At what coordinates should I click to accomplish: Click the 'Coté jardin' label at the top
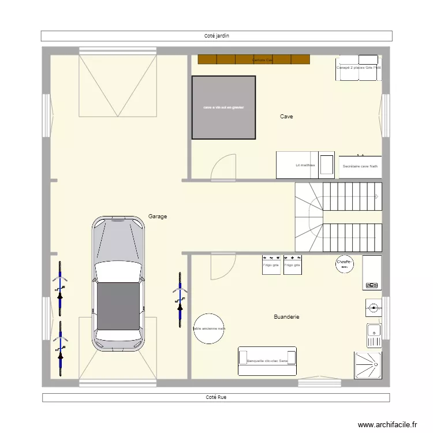click(216, 36)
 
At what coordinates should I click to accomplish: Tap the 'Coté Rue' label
click(216, 397)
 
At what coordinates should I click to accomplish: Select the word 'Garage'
click(158, 216)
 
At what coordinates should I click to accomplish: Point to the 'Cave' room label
click(286, 117)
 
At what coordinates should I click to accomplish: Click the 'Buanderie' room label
click(286, 317)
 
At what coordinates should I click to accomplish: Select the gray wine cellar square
click(223, 108)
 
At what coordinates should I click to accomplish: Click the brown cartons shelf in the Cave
click(254, 59)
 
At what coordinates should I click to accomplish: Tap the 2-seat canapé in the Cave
click(359, 66)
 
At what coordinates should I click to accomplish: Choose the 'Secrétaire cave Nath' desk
click(360, 166)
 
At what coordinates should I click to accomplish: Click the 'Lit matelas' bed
click(305, 165)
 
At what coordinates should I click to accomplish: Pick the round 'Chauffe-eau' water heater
click(345, 264)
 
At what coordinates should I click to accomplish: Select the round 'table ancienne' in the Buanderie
click(209, 329)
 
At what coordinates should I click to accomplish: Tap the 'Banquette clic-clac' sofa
click(267, 361)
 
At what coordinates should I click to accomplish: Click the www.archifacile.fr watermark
click(387, 424)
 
